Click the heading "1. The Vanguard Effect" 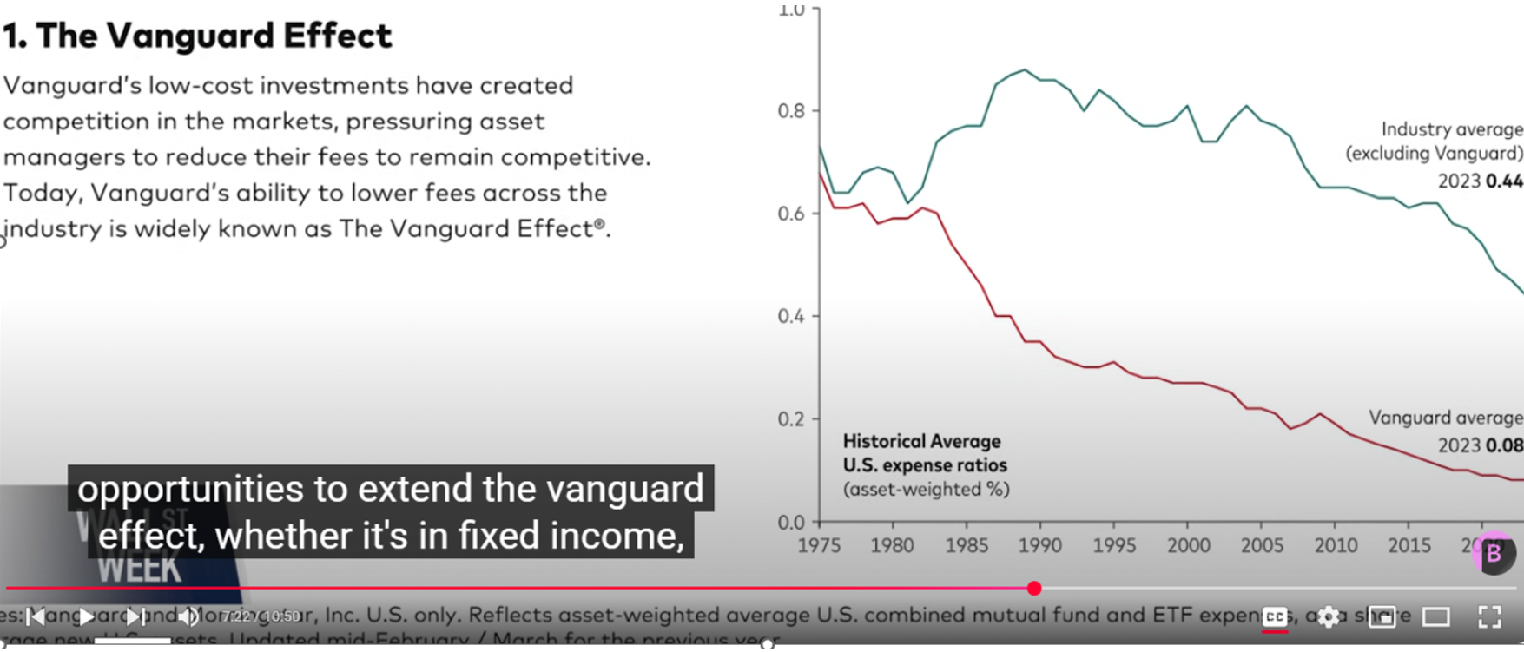[197, 36]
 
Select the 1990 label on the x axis [1039, 545]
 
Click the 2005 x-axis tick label [1261, 545]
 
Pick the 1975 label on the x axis [819, 545]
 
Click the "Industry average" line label [1451, 129]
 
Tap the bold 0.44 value [1504, 181]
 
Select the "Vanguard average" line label [1445, 418]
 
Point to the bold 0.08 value [1504, 445]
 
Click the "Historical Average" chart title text [921, 441]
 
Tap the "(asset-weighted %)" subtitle [926, 490]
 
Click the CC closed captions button [1275, 616]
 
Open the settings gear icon [1328, 616]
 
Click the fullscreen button [1489, 616]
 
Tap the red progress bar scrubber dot [1033, 589]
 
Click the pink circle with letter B [1494, 554]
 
